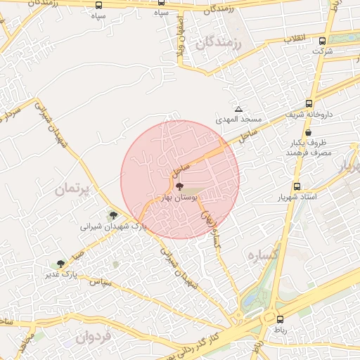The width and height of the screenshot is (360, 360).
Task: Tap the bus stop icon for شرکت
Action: tap(322, 41)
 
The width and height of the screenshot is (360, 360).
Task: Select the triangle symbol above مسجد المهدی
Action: tap(239, 109)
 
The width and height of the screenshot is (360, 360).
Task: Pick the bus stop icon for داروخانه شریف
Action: tap(309, 103)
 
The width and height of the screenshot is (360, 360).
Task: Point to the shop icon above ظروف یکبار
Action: tap(308, 132)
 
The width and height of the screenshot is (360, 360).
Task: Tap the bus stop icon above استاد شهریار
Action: tap(297, 186)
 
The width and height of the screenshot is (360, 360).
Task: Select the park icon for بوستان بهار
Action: tap(179, 187)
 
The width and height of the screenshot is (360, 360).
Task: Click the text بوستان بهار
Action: tap(180, 198)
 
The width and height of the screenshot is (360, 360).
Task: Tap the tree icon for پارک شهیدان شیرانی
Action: tap(112, 216)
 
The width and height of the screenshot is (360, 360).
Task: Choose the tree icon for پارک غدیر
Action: tap(61, 264)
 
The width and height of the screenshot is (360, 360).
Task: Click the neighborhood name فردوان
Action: tap(91, 337)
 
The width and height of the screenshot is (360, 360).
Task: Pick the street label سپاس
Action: tap(103, 282)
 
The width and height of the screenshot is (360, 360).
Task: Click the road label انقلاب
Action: tap(296, 39)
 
